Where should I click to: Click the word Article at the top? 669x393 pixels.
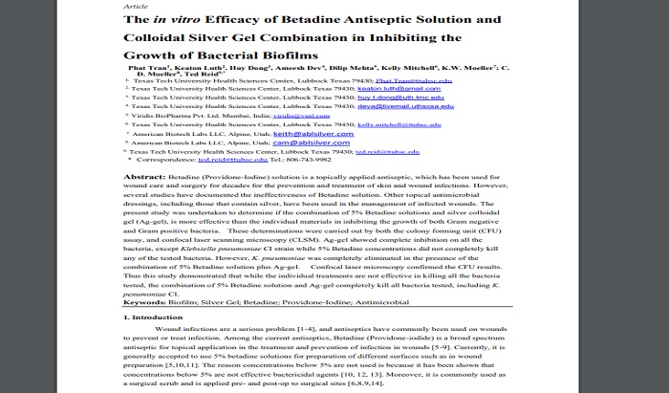pyautogui.click(x=135, y=6)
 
